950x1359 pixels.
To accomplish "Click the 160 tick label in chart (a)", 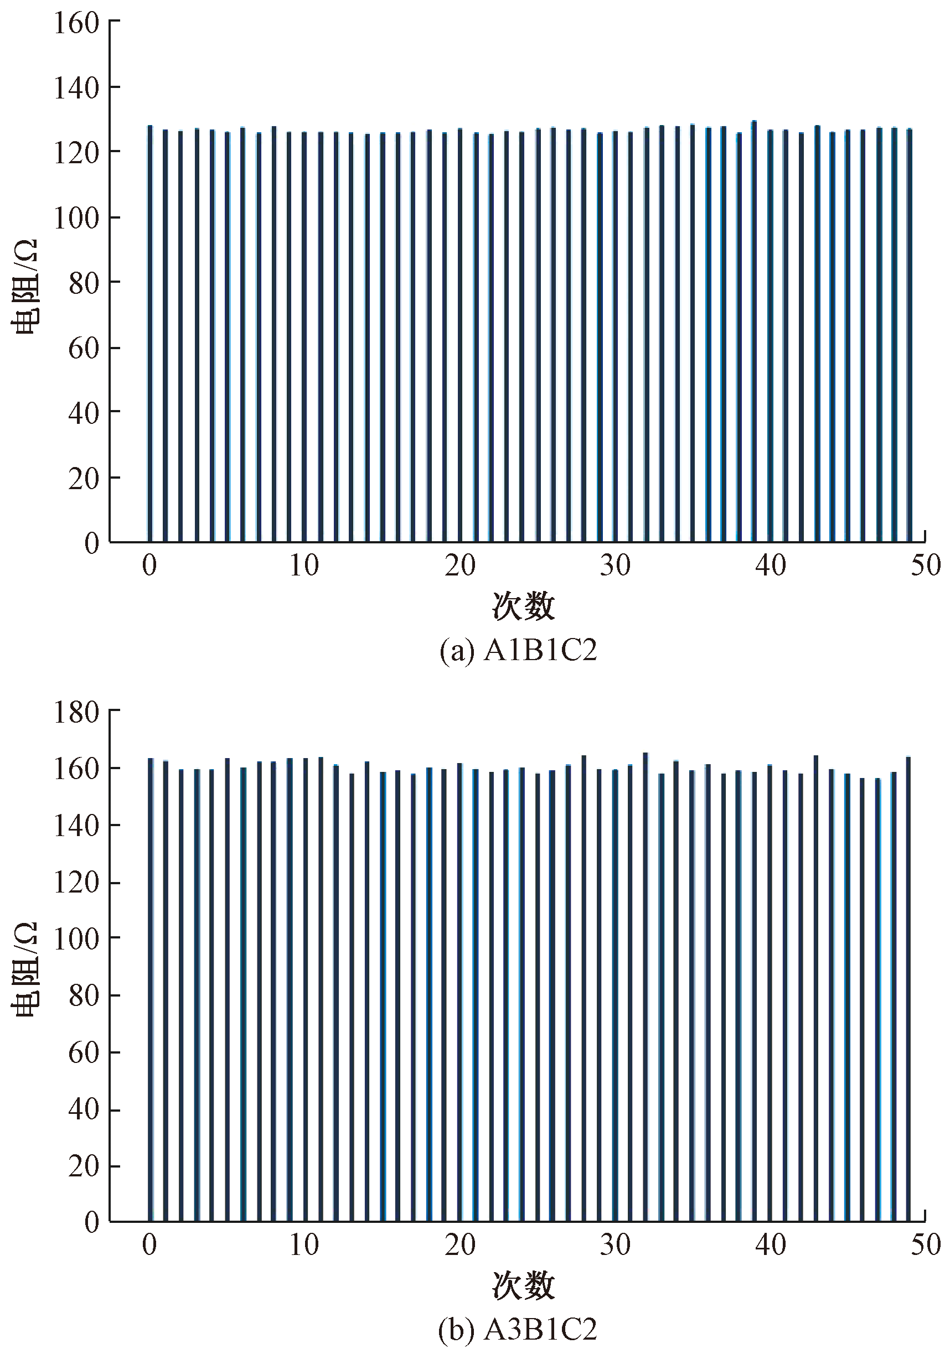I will click(x=76, y=23).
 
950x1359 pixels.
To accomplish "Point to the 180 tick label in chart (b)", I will click(x=76, y=713).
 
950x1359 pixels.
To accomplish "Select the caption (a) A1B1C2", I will click(x=518, y=651).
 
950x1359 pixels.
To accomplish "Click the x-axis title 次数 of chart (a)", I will click(x=523, y=606).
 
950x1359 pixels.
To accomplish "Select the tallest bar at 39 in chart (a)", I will click(x=754, y=331).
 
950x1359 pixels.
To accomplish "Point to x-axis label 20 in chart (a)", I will click(x=460, y=566).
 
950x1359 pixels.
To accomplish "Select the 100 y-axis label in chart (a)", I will click(x=76, y=218).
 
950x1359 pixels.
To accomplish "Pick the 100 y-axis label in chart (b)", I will click(x=76, y=940).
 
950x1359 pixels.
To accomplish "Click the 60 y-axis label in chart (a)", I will click(x=83, y=348).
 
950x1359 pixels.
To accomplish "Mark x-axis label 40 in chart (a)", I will click(x=770, y=566).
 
